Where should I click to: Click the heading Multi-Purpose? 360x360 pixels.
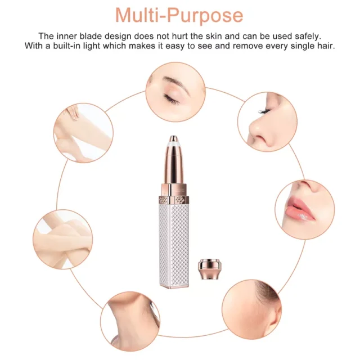(x=179, y=16)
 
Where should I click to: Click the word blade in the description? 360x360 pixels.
(x=91, y=36)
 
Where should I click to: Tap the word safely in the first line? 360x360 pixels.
(x=307, y=37)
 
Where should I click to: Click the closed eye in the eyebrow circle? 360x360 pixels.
(x=171, y=99)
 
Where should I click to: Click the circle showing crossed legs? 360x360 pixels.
(x=62, y=239)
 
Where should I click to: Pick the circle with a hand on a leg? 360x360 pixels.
(x=83, y=133)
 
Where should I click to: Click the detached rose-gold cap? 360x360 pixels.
(x=210, y=269)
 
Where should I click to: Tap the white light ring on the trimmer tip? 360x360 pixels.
(x=174, y=143)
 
